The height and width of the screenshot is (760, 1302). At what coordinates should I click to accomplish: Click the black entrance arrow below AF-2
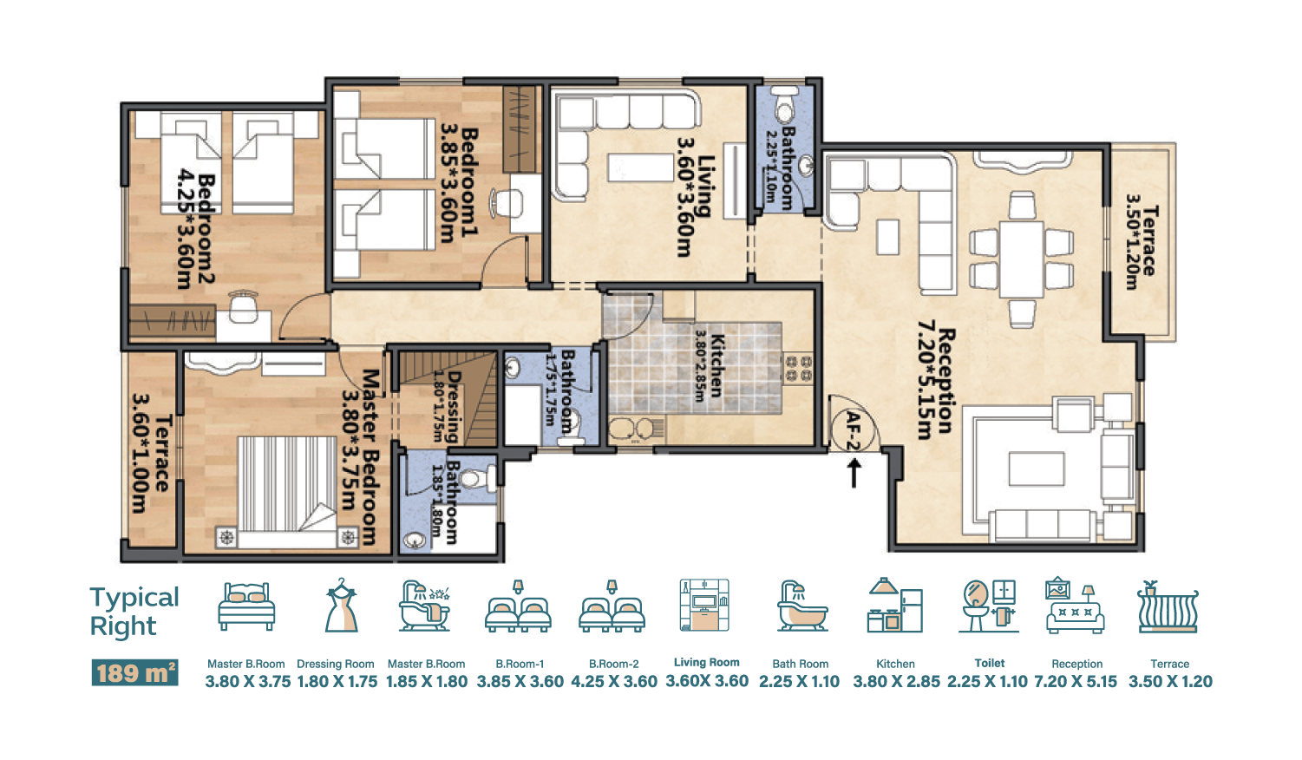[854, 473]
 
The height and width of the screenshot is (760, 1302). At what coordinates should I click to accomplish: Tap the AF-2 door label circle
[854, 431]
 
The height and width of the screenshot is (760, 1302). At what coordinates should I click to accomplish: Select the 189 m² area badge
[134, 672]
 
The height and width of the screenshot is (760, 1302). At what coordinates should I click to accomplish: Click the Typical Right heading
[134, 612]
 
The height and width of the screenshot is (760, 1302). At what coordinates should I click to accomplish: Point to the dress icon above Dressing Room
[341, 605]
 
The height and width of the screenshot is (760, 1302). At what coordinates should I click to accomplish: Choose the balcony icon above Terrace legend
[1168, 606]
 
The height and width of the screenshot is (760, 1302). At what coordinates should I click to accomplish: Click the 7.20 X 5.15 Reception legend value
[1076, 682]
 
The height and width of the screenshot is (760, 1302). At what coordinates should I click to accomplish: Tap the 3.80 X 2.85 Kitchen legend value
[896, 682]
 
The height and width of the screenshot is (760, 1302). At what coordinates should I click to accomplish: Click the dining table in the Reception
[1022, 259]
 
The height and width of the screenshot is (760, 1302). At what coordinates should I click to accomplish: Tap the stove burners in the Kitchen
[798, 370]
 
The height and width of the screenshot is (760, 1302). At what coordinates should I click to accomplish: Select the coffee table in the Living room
[640, 168]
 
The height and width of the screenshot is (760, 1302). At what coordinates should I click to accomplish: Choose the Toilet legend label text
[989, 663]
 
